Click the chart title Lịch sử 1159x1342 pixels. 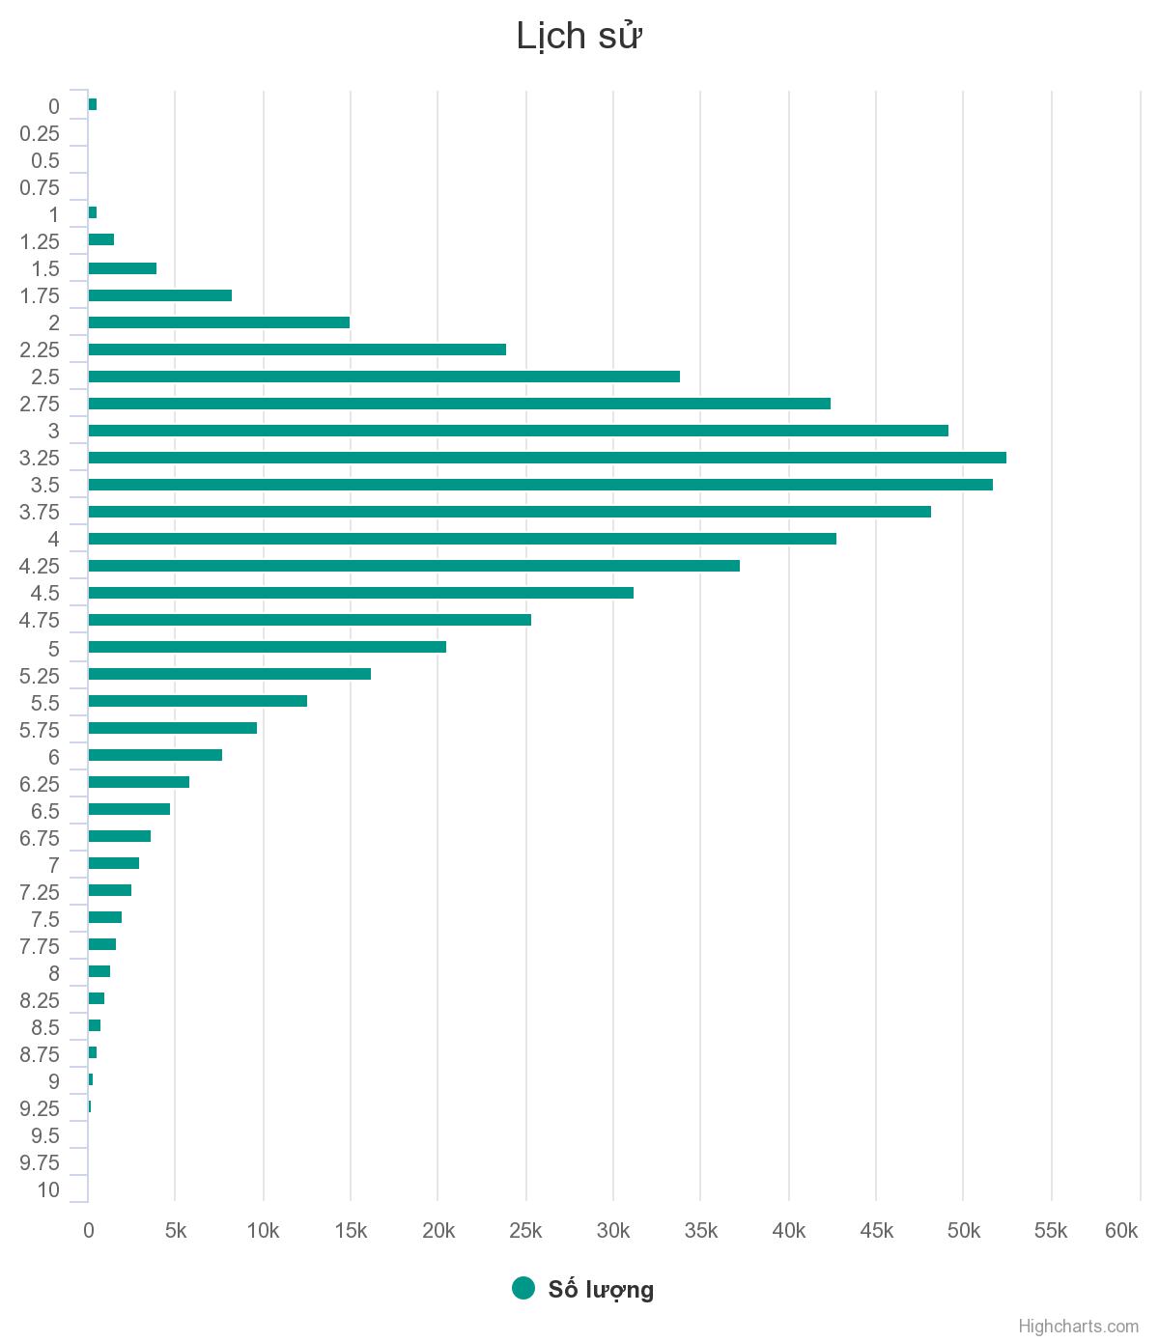pos(579,37)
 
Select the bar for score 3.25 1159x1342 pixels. pos(547,458)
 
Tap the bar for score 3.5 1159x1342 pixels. pos(540,485)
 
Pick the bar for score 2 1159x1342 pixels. pos(218,322)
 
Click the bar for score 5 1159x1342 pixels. pos(267,647)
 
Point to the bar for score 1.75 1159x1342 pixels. pos(159,295)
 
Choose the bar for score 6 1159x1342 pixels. pos(155,755)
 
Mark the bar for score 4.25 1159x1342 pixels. pos(413,566)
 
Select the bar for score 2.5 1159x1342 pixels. pos(383,377)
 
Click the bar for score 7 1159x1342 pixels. pos(113,863)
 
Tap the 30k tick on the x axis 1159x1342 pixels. pos(613,1231)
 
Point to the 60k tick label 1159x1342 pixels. pos(1121,1231)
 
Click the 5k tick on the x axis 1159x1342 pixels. pos(176,1231)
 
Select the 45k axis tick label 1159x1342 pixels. pos(876,1231)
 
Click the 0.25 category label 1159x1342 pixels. pos(40,134)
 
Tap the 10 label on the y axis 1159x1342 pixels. pos(48,1190)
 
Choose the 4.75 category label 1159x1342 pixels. pos(40,621)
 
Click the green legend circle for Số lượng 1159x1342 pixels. pos(523,1288)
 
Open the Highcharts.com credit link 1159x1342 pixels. pos(1078,1327)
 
